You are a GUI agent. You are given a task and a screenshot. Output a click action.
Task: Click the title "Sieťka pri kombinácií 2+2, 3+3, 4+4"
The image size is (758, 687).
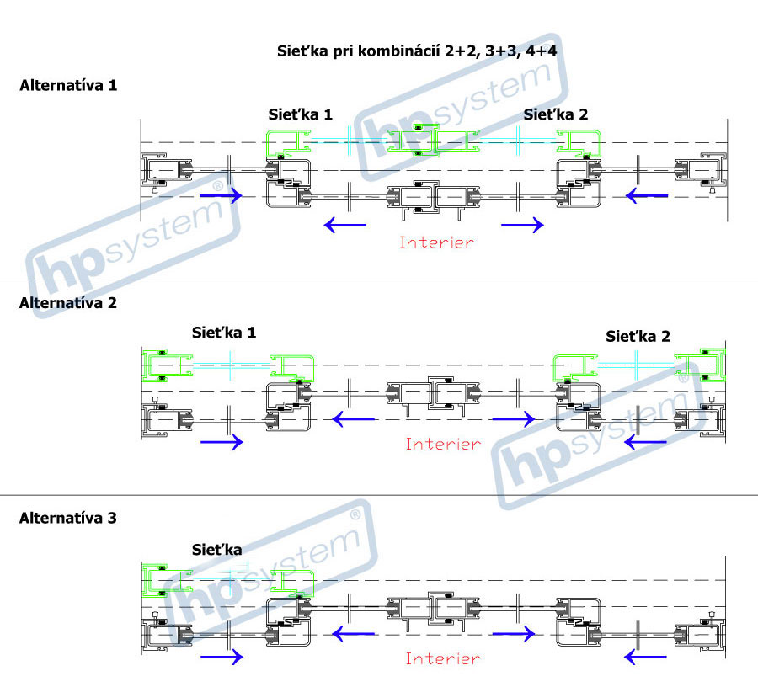point(418,51)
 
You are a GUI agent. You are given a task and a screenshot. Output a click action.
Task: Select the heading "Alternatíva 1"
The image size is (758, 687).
point(68,86)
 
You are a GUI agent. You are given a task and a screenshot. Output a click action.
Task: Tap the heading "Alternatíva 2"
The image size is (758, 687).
point(68,303)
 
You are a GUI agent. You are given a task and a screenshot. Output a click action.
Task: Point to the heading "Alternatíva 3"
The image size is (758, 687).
point(68,518)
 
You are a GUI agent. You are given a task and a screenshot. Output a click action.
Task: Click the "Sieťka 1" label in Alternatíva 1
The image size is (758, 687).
point(301,114)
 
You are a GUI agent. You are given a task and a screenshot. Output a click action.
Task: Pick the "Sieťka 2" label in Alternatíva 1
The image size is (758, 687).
point(556,114)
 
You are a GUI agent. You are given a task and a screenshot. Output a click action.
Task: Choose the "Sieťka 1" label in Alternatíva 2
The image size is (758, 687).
point(224,333)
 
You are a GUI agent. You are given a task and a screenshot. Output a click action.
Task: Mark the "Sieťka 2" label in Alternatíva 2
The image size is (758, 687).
point(638,337)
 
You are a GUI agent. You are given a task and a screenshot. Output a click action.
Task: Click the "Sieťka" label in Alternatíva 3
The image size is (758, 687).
point(217,550)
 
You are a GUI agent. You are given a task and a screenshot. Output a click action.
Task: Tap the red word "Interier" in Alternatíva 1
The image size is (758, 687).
point(437,242)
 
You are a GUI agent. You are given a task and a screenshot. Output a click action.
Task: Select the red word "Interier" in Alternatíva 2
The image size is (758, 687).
point(443,444)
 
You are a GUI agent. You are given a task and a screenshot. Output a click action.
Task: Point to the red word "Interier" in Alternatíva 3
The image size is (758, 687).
point(443,659)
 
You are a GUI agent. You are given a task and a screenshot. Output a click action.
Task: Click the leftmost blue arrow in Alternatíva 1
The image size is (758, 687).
point(221,195)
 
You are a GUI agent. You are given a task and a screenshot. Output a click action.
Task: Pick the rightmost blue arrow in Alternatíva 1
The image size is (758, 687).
point(647,195)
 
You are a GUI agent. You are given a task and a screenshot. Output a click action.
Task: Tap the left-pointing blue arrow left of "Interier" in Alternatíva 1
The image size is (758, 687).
point(345,224)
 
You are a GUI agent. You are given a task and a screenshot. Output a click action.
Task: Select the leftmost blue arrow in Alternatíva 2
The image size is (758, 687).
point(221,442)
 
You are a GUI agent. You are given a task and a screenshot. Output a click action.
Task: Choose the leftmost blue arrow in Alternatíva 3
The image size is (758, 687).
point(221,658)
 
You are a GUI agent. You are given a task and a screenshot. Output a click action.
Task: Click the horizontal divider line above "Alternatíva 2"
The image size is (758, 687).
point(379,280)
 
